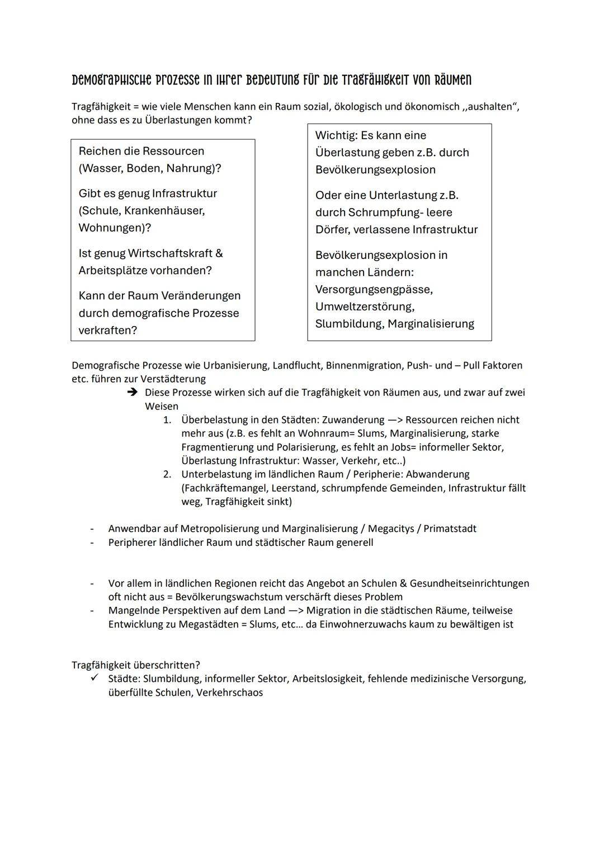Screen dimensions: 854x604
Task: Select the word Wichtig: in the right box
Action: [336, 135]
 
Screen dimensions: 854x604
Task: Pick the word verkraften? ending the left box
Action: [107, 330]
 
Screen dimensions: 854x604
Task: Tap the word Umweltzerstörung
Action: [365, 306]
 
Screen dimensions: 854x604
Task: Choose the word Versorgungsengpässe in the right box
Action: [374, 289]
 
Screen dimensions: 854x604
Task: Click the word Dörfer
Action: [332, 229]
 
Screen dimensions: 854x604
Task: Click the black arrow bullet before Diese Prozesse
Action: [132, 393]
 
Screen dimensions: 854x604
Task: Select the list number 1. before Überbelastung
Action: [167, 420]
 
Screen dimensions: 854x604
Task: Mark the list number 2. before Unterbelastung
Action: [167, 474]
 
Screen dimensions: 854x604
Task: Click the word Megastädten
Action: [209, 624]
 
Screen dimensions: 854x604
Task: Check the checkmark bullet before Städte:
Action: [95, 678]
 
